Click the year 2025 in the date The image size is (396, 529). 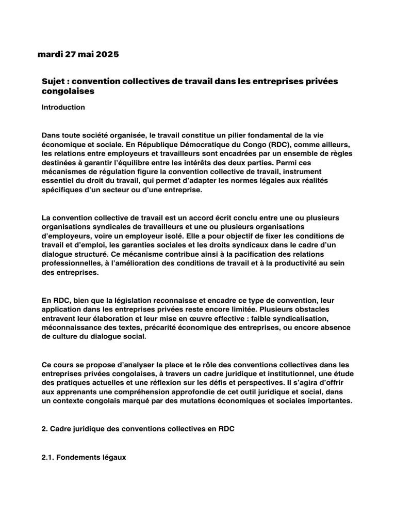(107, 54)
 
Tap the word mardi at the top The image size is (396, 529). (49, 54)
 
